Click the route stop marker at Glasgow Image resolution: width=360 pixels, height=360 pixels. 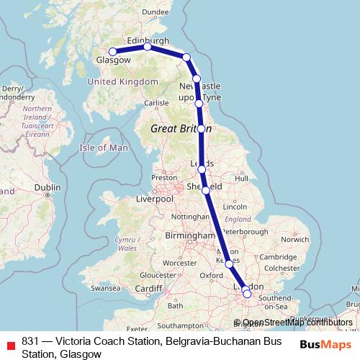pyautogui.click(x=112, y=52)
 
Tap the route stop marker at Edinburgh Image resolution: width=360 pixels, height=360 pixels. pyautogui.click(x=147, y=47)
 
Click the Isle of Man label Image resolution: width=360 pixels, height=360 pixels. pyautogui.click(x=103, y=148)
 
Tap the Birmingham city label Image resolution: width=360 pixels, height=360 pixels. pyautogui.click(x=186, y=235)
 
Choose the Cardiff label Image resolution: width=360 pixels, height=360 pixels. pyautogui.click(x=148, y=289)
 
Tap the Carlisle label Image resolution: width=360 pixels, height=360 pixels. pyautogui.click(x=156, y=103)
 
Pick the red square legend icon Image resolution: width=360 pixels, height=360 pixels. pyautogui.click(x=9, y=343)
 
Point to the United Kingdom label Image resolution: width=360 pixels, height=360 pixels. pyautogui.click(x=122, y=82)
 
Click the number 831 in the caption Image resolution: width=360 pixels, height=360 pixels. pyautogui.click(x=30, y=341)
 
